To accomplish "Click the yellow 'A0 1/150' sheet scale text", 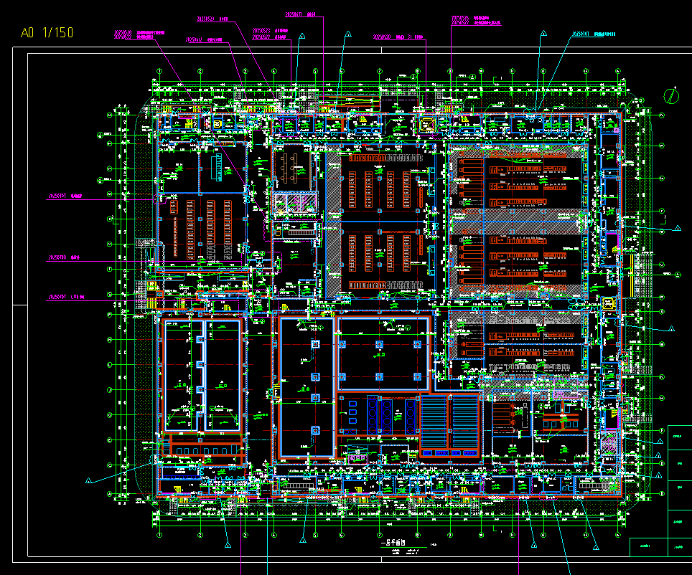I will (x=47, y=33).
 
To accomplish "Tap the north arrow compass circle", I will (x=672, y=95).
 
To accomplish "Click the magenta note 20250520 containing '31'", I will (x=398, y=36).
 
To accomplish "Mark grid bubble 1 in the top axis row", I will (x=159, y=71).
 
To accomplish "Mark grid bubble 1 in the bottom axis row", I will (x=159, y=535).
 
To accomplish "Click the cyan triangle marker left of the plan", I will (x=89, y=480).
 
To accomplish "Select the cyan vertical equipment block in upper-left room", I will (x=215, y=168).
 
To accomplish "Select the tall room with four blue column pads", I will (x=307, y=387).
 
